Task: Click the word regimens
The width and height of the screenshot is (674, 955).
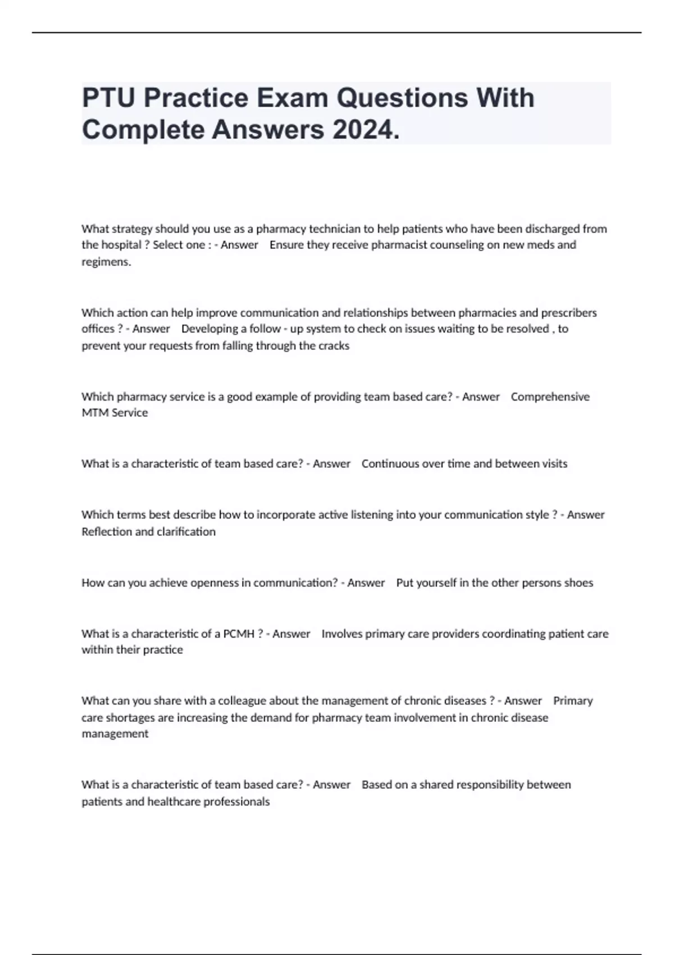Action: point(106,262)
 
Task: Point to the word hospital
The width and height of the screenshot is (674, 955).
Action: point(119,245)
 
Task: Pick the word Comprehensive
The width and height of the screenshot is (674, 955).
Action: point(550,397)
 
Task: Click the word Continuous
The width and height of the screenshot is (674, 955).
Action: point(390,463)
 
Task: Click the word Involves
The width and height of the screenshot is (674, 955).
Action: point(342,634)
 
